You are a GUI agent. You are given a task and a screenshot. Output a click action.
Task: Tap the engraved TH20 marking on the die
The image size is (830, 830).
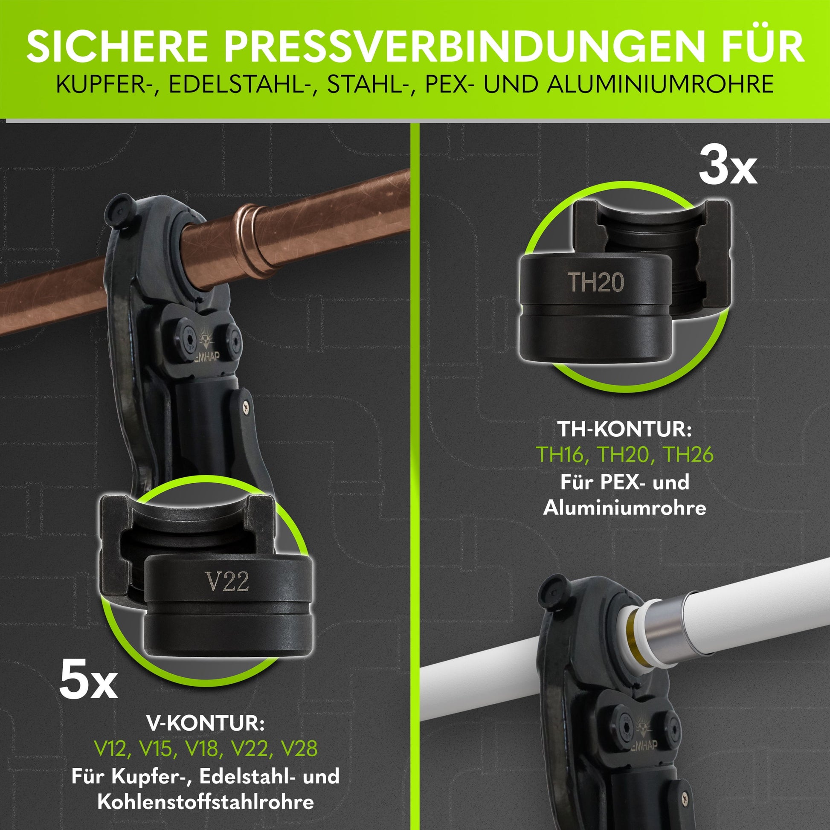click(x=596, y=282)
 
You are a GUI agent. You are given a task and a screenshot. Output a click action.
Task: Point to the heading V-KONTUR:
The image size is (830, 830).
click(x=206, y=724)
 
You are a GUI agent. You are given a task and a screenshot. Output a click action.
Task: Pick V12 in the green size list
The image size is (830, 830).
click(x=110, y=749)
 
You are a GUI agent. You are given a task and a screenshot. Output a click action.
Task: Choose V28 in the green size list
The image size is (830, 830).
click(x=299, y=749)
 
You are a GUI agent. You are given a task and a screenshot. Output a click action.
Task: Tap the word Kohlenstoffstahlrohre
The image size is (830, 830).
click(x=206, y=802)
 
